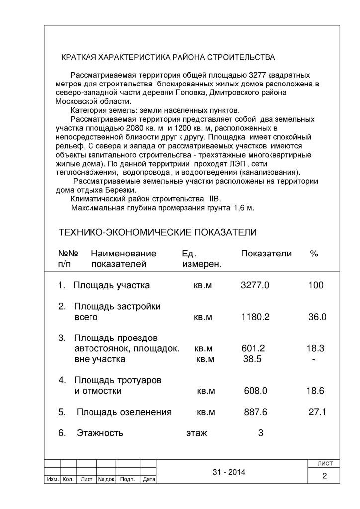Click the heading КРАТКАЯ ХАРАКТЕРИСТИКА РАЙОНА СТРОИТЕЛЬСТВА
(x=168, y=57)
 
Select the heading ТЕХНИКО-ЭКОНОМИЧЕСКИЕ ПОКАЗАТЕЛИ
(x=158, y=233)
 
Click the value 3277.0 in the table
(x=255, y=285)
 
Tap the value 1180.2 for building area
(x=255, y=317)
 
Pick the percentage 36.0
(x=317, y=317)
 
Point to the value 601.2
(x=253, y=348)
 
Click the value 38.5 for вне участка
(x=252, y=359)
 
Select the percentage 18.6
(x=315, y=391)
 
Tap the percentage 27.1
(x=317, y=412)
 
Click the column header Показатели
(x=266, y=254)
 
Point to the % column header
(x=314, y=254)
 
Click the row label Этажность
(x=99, y=433)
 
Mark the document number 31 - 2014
(x=229, y=472)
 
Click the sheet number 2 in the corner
(x=324, y=476)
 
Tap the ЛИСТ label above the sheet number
(x=324, y=463)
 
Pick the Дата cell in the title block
(x=148, y=480)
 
